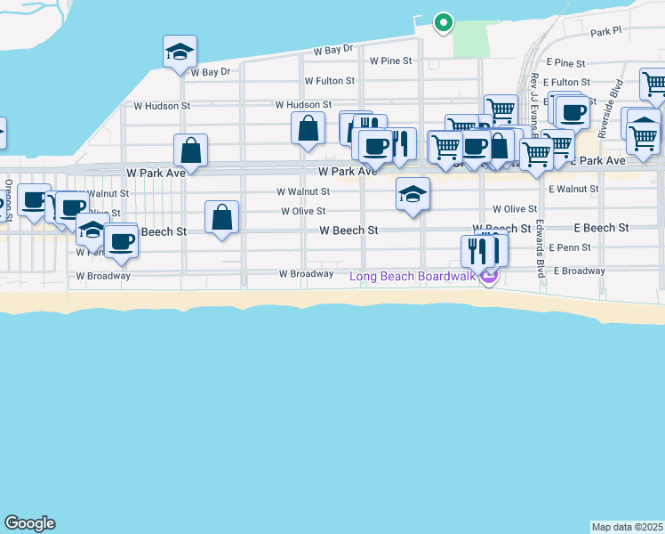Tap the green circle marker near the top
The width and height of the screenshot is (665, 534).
443,23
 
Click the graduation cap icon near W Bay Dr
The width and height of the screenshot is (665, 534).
179,52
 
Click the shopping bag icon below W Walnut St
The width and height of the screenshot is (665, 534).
221,217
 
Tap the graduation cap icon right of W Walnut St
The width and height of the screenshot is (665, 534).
413,194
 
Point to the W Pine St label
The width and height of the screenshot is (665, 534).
391,61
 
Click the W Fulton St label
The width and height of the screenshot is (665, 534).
330,81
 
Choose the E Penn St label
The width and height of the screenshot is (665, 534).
570,247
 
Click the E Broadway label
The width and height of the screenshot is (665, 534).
579,271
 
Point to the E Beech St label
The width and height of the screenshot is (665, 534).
601,228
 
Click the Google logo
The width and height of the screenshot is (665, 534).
29,523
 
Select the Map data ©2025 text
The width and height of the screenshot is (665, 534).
627,527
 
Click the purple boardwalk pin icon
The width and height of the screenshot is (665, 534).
488,278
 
